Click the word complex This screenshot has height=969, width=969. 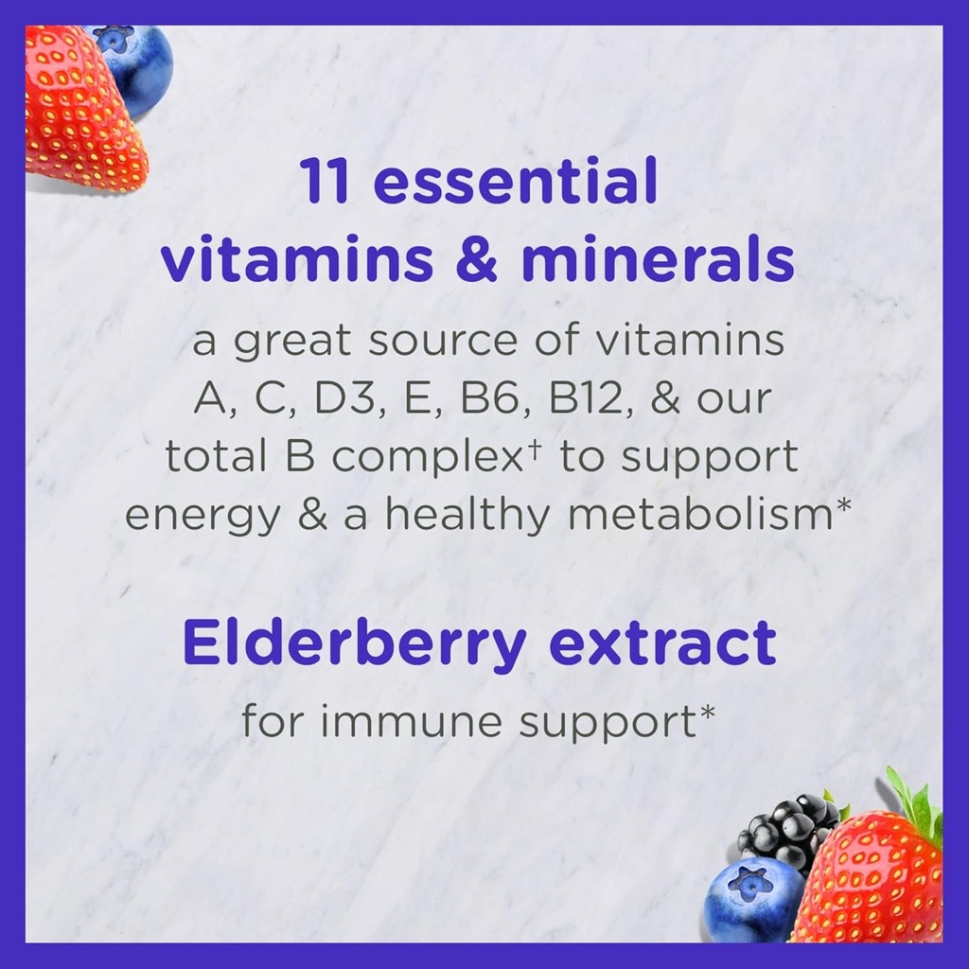point(426,458)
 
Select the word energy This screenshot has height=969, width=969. point(203,516)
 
